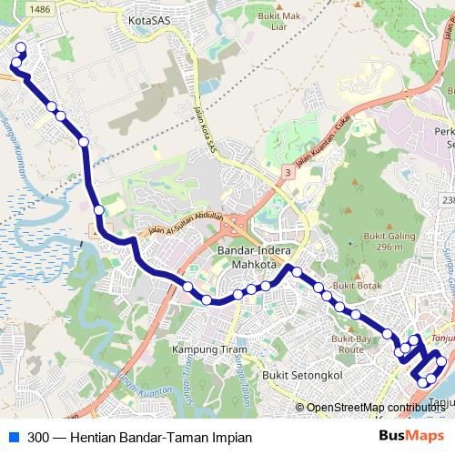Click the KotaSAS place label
tap(151, 18)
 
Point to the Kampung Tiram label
tap(197, 349)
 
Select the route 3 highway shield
tap(287, 171)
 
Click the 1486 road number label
tap(39, 7)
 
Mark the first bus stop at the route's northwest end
tap(20, 51)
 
